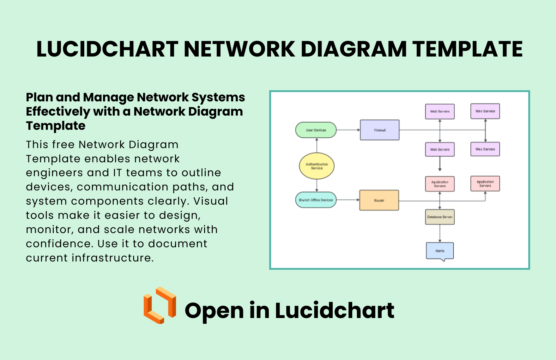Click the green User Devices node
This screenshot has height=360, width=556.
[316, 130]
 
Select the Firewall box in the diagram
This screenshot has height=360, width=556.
[379, 130]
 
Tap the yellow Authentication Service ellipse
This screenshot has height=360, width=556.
[317, 166]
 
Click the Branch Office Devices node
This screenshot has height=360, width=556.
[316, 200]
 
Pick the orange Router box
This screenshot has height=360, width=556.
[379, 200]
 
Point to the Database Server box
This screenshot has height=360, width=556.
[439, 217]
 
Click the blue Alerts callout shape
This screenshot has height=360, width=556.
[439, 251]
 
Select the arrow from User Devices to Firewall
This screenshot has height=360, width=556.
[348, 130]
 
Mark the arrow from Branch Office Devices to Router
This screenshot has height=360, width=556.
[348, 200]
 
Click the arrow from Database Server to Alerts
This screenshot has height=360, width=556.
[440, 233]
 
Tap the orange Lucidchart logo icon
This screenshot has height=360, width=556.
[160, 305]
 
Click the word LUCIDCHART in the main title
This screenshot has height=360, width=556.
[107, 49]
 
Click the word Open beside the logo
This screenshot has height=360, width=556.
[214, 311]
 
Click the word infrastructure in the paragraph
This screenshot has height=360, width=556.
[112, 258]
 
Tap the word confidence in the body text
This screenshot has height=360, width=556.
[59, 243]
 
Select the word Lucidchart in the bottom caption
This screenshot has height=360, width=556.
[335, 311]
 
